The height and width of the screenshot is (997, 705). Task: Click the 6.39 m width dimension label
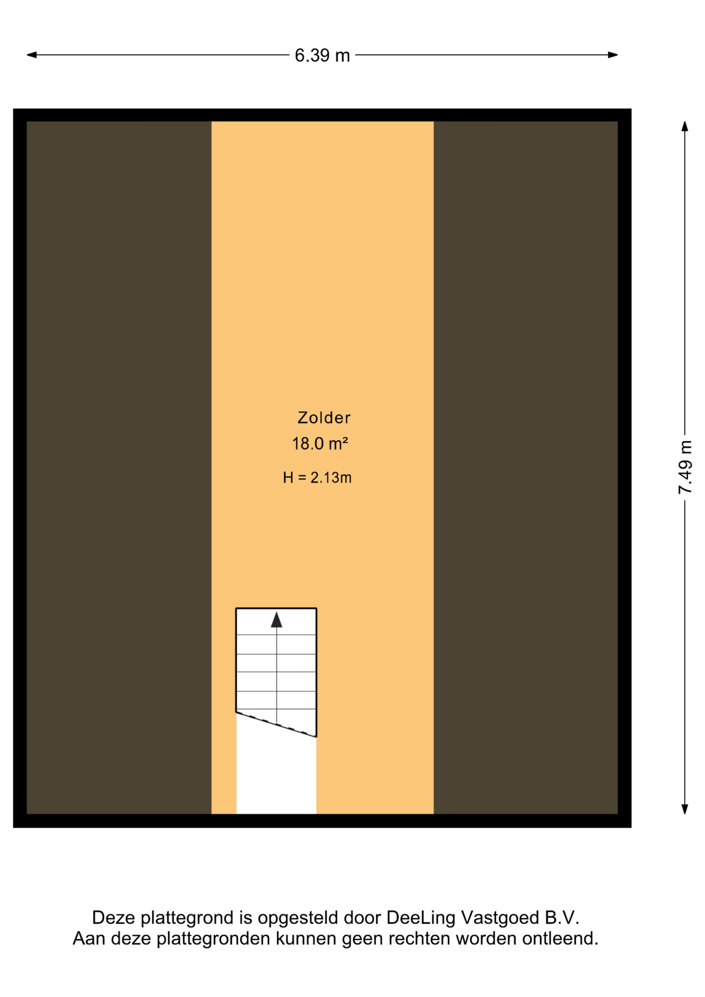click(322, 56)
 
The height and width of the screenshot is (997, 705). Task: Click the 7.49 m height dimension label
click(685, 467)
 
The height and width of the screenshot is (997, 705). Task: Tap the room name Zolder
click(324, 417)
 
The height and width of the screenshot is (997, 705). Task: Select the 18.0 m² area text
click(320, 443)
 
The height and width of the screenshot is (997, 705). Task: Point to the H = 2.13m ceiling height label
click(317, 477)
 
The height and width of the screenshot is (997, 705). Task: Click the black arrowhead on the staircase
click(277, 619)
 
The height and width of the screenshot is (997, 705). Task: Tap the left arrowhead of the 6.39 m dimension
click(32, 55)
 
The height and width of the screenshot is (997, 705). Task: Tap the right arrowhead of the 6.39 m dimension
click(613, 55)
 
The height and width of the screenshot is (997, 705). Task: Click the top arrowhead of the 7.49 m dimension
click(685, 126)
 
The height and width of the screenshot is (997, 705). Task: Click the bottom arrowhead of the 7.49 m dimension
click(685, 809)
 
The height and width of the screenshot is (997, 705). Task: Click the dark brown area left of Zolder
click(119, 467)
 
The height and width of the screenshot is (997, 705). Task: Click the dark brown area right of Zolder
click(526, 467)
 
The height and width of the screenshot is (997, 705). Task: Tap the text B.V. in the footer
click(562, 918)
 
